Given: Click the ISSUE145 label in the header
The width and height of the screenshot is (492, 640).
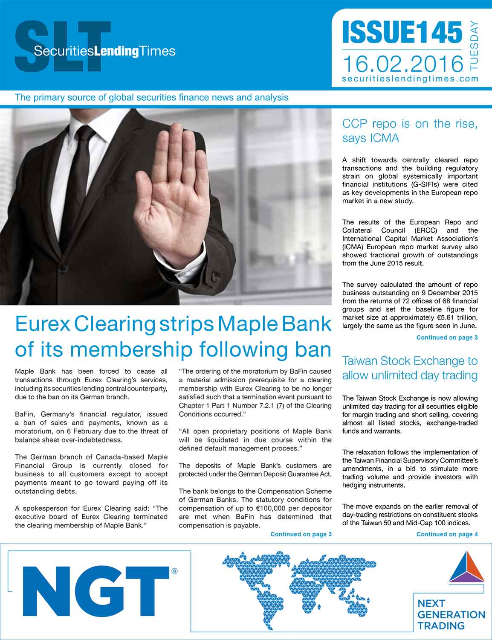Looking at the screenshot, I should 402,32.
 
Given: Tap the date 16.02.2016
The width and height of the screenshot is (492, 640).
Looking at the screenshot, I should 402,64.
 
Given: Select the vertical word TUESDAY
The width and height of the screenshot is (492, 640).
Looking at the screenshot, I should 473,45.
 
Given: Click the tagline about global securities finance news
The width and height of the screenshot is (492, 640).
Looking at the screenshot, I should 151,97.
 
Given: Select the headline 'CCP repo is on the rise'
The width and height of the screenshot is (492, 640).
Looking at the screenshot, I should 409,131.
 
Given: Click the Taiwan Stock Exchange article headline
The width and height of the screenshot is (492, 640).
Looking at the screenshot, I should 409,368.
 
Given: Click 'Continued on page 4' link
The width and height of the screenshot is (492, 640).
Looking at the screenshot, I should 447,534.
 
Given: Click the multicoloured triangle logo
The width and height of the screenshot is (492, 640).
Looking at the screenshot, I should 466,567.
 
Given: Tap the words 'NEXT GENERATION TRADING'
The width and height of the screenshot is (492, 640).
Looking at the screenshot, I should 451,615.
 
